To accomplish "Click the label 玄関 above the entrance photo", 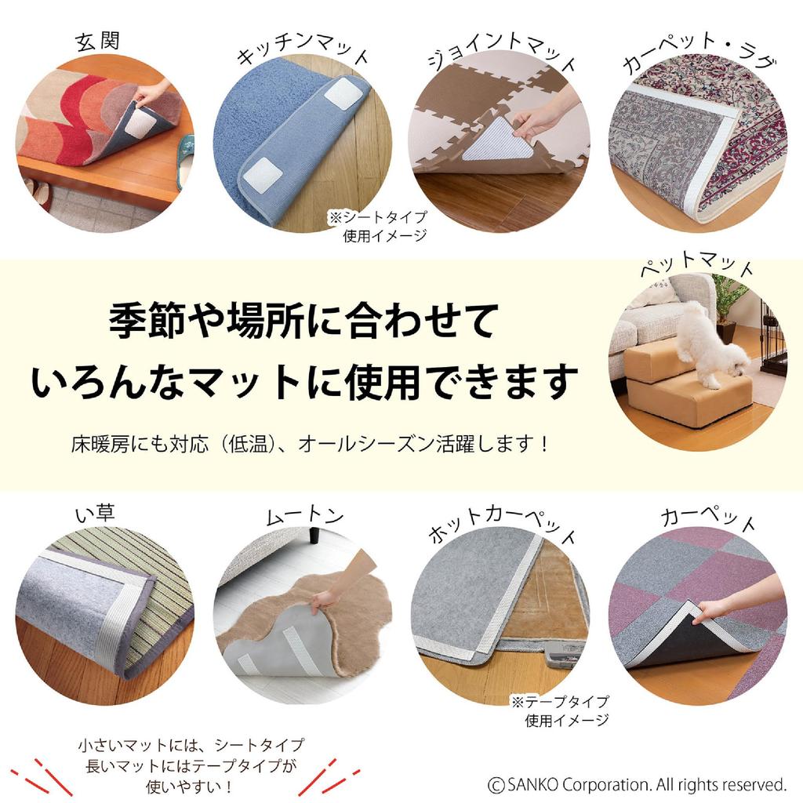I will (98, 41).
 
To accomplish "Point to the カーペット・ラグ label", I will (699, 56).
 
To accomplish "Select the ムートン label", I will (304, 515).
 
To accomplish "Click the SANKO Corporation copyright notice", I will (637, 783).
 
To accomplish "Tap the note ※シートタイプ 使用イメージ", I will (384, 227).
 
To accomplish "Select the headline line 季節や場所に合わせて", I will (302, 322).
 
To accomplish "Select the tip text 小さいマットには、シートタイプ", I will (191, 743).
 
